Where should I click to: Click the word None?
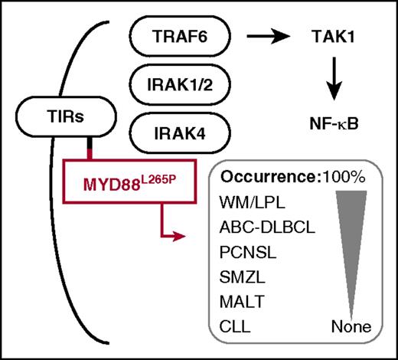click(x=351, y=327)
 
